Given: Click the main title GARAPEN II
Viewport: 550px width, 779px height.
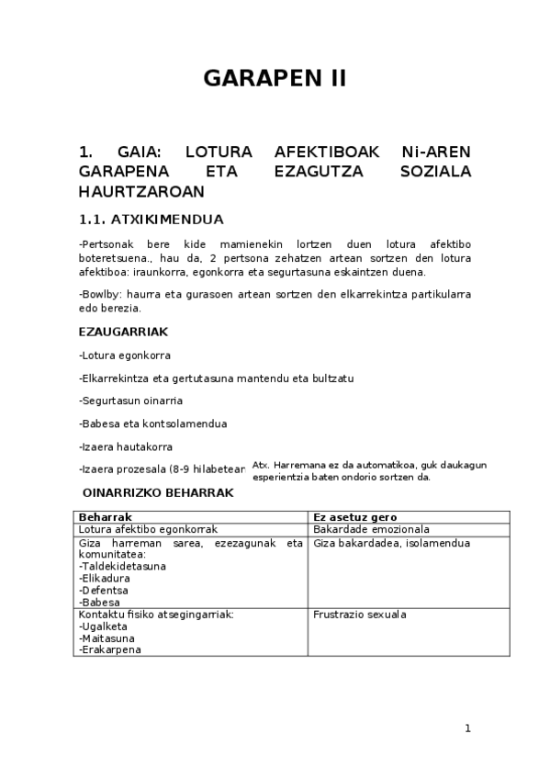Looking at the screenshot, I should (x=275, y=78).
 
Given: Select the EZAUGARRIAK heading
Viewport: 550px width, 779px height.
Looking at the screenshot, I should (x=123, y=331).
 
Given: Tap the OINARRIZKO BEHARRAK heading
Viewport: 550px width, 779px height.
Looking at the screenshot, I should (x=158, y=493).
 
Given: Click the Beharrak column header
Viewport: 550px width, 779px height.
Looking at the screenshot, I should (x=107, y=517).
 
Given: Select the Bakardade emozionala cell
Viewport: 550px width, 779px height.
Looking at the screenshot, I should (x=371, y=530).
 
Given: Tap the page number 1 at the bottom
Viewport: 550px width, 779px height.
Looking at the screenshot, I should (x=467, y=728).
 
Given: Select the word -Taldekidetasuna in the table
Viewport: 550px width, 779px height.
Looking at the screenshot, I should (x=122, y=567).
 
